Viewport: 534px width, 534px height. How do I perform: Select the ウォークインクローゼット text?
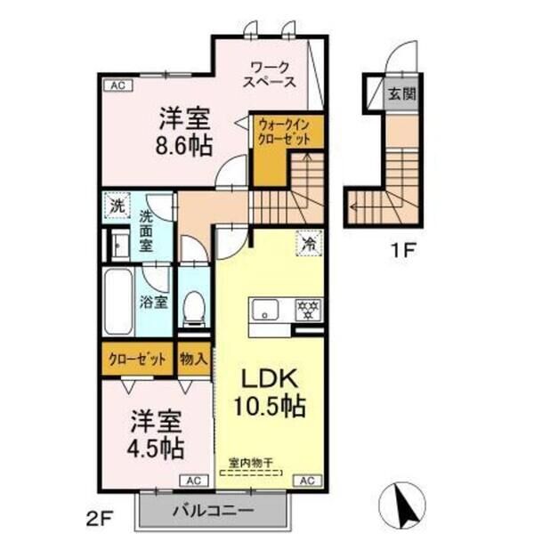tap(286, 133)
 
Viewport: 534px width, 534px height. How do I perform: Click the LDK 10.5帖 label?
tap(270, 392)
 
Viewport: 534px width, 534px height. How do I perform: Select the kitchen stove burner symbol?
tap(309, 311)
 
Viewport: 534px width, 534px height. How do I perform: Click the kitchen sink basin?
tap(266, 311)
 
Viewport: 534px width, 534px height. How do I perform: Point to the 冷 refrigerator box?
tap(307, 242)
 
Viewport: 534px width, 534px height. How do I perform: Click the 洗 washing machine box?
tap(116, 205)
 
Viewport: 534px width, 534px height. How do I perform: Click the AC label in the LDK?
tap(306, 481)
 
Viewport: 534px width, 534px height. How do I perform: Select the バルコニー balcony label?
tap(213, 512)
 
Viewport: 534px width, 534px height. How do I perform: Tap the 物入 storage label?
tap(194, 360)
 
